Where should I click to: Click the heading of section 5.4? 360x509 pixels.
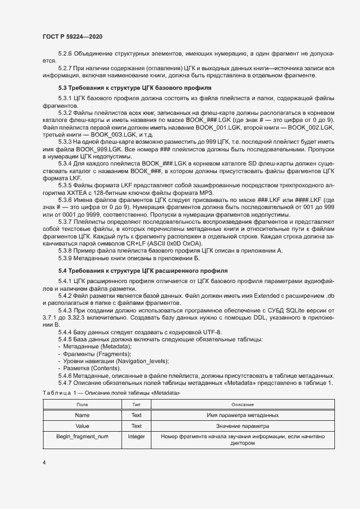[139, 271]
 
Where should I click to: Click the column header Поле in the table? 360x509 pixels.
[82, 404]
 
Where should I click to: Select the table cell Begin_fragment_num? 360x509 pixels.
[82, 436]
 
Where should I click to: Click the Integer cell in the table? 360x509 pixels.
[137, 436]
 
